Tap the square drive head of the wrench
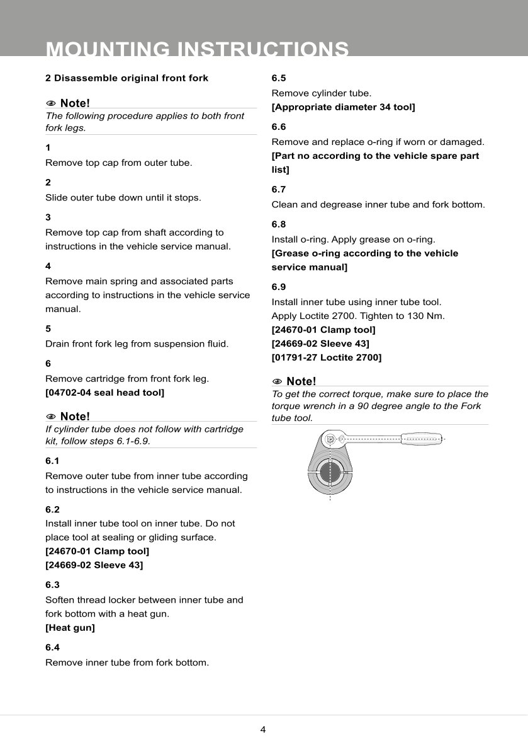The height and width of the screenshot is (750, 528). coord(330,439)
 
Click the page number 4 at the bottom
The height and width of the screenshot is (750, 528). coord(263,730)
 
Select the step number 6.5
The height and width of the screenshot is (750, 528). coord(279,78)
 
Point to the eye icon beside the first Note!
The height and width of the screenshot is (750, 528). coord(51,103)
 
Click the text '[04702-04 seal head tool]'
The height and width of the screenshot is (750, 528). coord(104,393)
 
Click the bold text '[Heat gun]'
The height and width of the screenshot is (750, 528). coord(70,628)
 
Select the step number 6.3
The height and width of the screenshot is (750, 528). coord(52,585)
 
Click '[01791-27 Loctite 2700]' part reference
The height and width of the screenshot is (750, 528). coord(327,357)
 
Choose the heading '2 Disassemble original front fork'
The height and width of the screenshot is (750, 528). coord(126,78)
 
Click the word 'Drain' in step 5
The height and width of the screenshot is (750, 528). coord(59,343)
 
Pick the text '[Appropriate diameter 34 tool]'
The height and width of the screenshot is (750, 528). coord(343,107)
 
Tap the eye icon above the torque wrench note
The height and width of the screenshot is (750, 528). coord(277,381)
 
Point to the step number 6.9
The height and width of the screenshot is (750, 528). coord(279,287)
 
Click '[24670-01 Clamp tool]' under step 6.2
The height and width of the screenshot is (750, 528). coord(97,551)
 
